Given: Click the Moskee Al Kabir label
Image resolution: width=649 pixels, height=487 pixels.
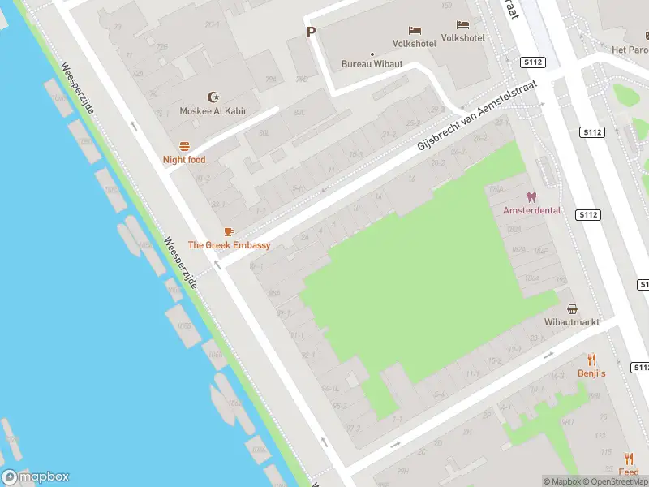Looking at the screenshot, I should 213,111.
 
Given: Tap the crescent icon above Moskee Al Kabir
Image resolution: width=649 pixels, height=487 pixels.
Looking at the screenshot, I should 214,97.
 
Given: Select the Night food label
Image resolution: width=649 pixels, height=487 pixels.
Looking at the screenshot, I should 184,160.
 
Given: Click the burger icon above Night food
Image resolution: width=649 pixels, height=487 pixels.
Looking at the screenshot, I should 184,146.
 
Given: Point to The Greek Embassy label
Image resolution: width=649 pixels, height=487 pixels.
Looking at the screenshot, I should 229,245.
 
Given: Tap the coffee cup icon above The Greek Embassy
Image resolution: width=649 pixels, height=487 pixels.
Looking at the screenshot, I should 229,231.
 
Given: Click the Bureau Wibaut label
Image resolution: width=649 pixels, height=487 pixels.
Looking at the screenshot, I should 372,64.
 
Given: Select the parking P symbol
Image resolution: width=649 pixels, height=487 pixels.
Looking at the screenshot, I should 310,32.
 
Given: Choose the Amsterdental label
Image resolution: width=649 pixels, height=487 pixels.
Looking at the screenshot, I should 531,210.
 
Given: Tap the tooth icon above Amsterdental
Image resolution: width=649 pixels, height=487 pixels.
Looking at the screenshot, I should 531,196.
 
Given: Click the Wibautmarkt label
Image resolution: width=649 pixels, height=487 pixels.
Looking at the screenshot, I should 572,322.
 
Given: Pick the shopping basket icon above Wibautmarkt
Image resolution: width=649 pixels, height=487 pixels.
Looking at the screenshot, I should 573,308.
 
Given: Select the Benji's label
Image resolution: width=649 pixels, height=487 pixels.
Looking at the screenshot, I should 591,373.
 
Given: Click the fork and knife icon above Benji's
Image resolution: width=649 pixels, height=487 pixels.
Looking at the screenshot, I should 591,359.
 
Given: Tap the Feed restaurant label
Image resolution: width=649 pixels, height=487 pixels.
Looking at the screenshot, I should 629,472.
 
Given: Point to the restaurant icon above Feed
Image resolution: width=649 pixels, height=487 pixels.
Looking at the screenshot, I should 629,459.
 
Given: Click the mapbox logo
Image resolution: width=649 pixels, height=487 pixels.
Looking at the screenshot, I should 35,477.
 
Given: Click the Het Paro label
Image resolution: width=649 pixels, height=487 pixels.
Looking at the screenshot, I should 630,50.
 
